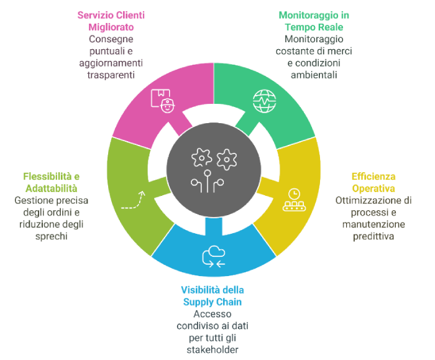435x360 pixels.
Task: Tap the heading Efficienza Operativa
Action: coord(373,182)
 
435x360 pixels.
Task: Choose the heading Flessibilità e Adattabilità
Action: coord(53,182)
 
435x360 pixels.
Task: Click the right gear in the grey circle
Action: coord(227,158)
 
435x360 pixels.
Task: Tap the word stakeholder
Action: coord(213,349)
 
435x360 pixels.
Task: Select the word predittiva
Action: coord(373,236)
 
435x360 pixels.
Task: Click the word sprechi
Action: coord(53,236)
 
